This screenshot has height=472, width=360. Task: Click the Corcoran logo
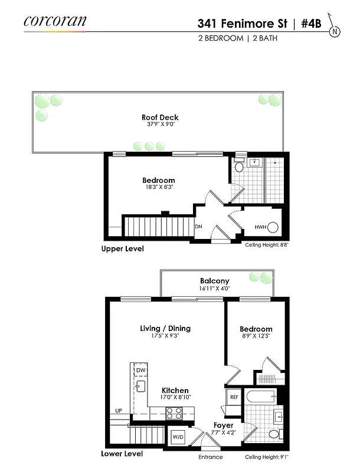point(55,22)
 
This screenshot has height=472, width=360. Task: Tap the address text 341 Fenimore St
point(242,24)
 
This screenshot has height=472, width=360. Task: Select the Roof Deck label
point(160,117)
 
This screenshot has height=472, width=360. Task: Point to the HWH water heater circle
point(273,227)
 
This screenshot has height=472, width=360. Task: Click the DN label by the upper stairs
point(199,227)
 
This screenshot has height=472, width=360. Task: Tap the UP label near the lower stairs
point(119,411)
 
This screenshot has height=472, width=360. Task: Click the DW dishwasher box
point(140,370)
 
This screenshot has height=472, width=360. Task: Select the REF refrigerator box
point(233,398)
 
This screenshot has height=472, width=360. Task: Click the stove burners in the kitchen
point(174,412)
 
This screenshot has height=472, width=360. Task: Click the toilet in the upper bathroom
point(239,166)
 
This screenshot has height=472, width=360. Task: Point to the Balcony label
point(215,281)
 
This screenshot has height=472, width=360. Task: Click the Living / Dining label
point(165,328)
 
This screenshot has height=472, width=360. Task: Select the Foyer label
point(223,425)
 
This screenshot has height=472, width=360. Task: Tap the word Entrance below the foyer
point(211,457)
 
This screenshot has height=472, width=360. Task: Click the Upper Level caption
point(122,249)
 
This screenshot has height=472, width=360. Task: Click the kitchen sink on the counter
point(140,386)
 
